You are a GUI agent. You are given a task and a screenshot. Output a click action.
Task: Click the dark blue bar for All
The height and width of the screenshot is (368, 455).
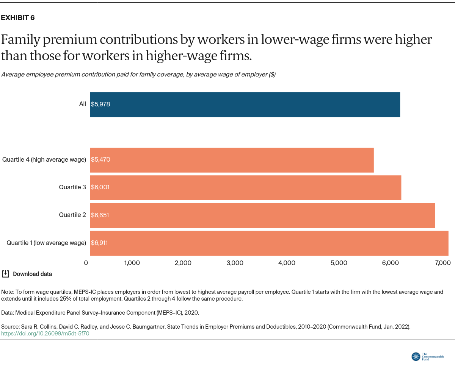(x=245, y=104)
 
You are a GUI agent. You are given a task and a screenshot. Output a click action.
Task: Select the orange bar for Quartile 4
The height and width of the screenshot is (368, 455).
(x=232, y=160)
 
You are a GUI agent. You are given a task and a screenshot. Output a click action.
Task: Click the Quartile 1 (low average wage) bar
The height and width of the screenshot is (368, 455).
(x=269, y=243)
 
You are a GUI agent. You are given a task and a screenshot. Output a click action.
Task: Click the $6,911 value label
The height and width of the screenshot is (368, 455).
(x=99, y=243)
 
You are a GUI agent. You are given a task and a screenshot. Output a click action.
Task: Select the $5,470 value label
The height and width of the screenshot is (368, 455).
(x=100, y=160)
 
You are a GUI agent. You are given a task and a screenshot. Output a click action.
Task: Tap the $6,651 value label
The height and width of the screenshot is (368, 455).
(x=100, y=215)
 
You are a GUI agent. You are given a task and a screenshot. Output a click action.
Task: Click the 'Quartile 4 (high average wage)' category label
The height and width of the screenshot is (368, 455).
(x=44, y=160)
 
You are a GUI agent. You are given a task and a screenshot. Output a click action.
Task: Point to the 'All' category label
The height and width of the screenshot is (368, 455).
(x=82, y=104)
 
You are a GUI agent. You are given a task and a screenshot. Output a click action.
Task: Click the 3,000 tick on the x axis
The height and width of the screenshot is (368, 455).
(x=235, y=263)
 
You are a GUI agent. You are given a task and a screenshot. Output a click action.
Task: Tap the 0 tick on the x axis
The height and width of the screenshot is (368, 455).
(x=86, y=263)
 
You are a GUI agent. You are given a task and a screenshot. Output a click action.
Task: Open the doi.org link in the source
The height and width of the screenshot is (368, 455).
(x=45, y=334)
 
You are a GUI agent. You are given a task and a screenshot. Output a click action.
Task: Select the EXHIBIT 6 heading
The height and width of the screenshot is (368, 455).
(x=18, y=18)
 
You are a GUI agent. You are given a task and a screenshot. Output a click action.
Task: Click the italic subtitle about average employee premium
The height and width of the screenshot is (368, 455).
(x=138, y=75)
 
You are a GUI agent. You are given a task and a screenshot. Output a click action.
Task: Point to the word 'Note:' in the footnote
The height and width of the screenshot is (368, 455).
(x=8, y=292)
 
